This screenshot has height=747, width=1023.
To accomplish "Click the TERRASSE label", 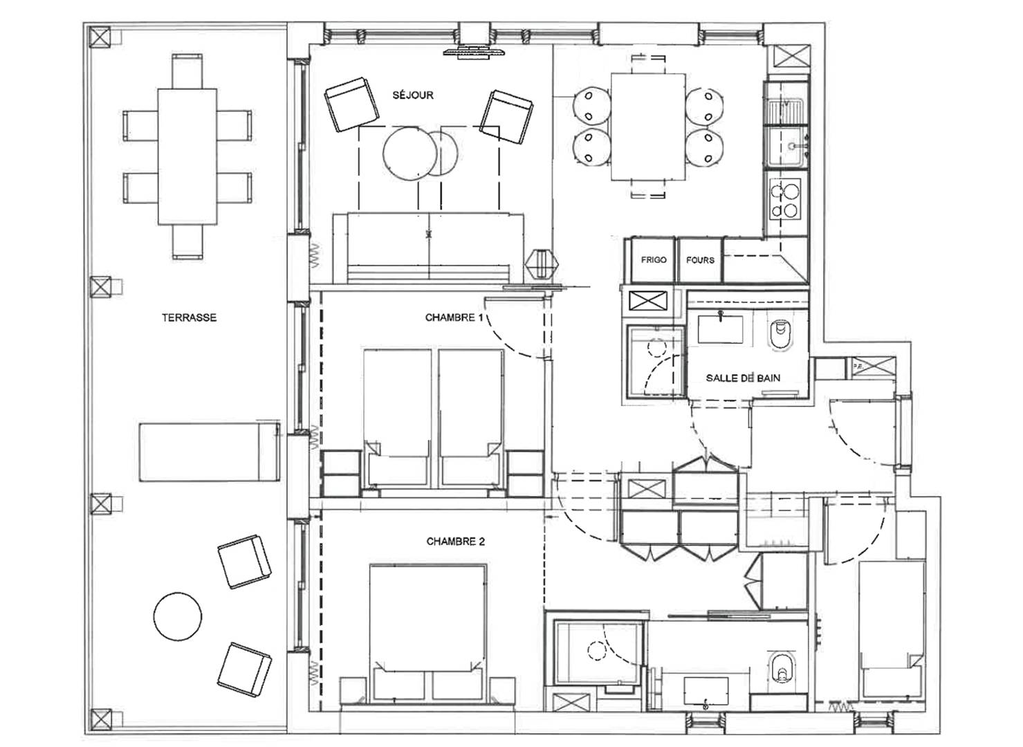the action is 189,317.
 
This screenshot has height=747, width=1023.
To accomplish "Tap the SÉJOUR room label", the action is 413,95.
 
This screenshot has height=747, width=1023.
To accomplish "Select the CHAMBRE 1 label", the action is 454,317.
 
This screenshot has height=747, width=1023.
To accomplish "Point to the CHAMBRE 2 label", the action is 455,541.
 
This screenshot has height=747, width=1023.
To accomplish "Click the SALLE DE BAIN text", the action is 743,378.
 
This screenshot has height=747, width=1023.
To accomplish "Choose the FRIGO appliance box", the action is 653,260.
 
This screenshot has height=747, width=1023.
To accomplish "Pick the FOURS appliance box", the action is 700,260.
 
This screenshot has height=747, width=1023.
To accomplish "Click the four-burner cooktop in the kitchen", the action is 784,199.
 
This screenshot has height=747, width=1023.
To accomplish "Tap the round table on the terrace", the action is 177,616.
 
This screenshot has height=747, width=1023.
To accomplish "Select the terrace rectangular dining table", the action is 187,156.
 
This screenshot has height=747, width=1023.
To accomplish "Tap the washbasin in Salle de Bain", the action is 720,329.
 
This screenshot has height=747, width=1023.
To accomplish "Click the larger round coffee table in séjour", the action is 407,152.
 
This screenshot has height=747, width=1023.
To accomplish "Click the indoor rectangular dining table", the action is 648,127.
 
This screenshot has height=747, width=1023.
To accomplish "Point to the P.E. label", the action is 857,366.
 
